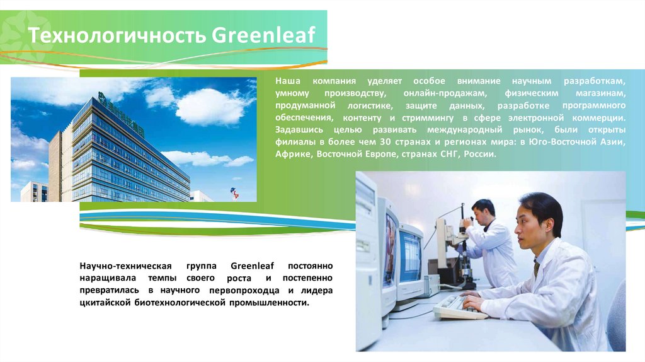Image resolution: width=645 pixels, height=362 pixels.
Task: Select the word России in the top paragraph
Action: pos(479,154)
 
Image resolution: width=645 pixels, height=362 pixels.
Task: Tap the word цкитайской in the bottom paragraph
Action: pos(105,303)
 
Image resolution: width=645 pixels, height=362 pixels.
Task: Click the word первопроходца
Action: pos(244,291)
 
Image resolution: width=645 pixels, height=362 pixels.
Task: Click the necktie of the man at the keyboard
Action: pos(536,267)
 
